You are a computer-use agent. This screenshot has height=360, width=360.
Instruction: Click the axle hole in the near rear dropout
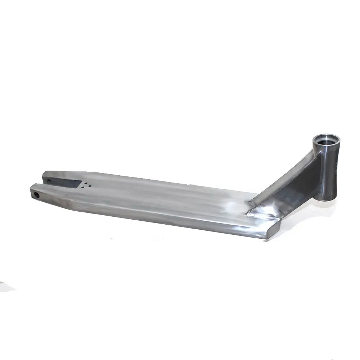[36, 194]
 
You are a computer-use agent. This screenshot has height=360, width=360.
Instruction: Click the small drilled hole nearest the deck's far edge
[84, 183]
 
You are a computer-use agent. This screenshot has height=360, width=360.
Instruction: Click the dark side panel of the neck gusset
[299, 187]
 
